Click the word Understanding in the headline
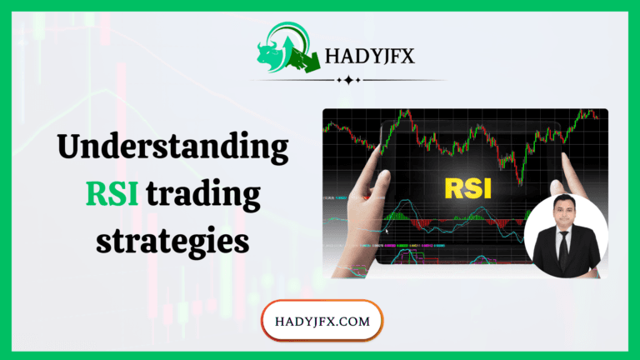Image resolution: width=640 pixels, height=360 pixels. point(172,149)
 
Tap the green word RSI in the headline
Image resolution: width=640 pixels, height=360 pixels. point(113,195)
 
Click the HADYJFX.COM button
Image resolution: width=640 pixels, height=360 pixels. point(322,319)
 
